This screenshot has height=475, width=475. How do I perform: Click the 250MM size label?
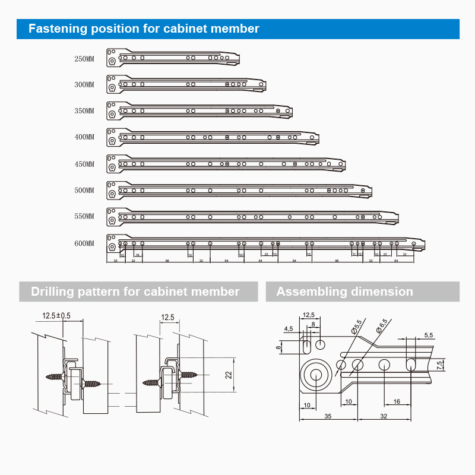coord(84,59)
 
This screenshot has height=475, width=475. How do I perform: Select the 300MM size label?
coord(84,85)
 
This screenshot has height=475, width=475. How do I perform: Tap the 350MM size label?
coord(84,111)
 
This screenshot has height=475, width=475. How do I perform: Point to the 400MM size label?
coord(84,137)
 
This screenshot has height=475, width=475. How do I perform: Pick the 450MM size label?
coord(84,164)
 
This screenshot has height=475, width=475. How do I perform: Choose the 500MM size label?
coord(84,191)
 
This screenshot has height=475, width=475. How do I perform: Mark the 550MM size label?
coord(84,217)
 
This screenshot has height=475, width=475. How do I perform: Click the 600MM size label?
coord(84,243)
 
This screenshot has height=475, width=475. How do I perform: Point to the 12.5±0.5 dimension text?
coord(56,316)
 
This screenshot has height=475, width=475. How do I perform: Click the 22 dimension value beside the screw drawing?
coord(228,374)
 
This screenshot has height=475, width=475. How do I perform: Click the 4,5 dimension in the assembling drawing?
coord(289,328)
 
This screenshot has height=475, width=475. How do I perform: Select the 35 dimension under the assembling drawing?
coord(328,416)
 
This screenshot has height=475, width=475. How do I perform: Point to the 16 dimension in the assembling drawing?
coord(397,401)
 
